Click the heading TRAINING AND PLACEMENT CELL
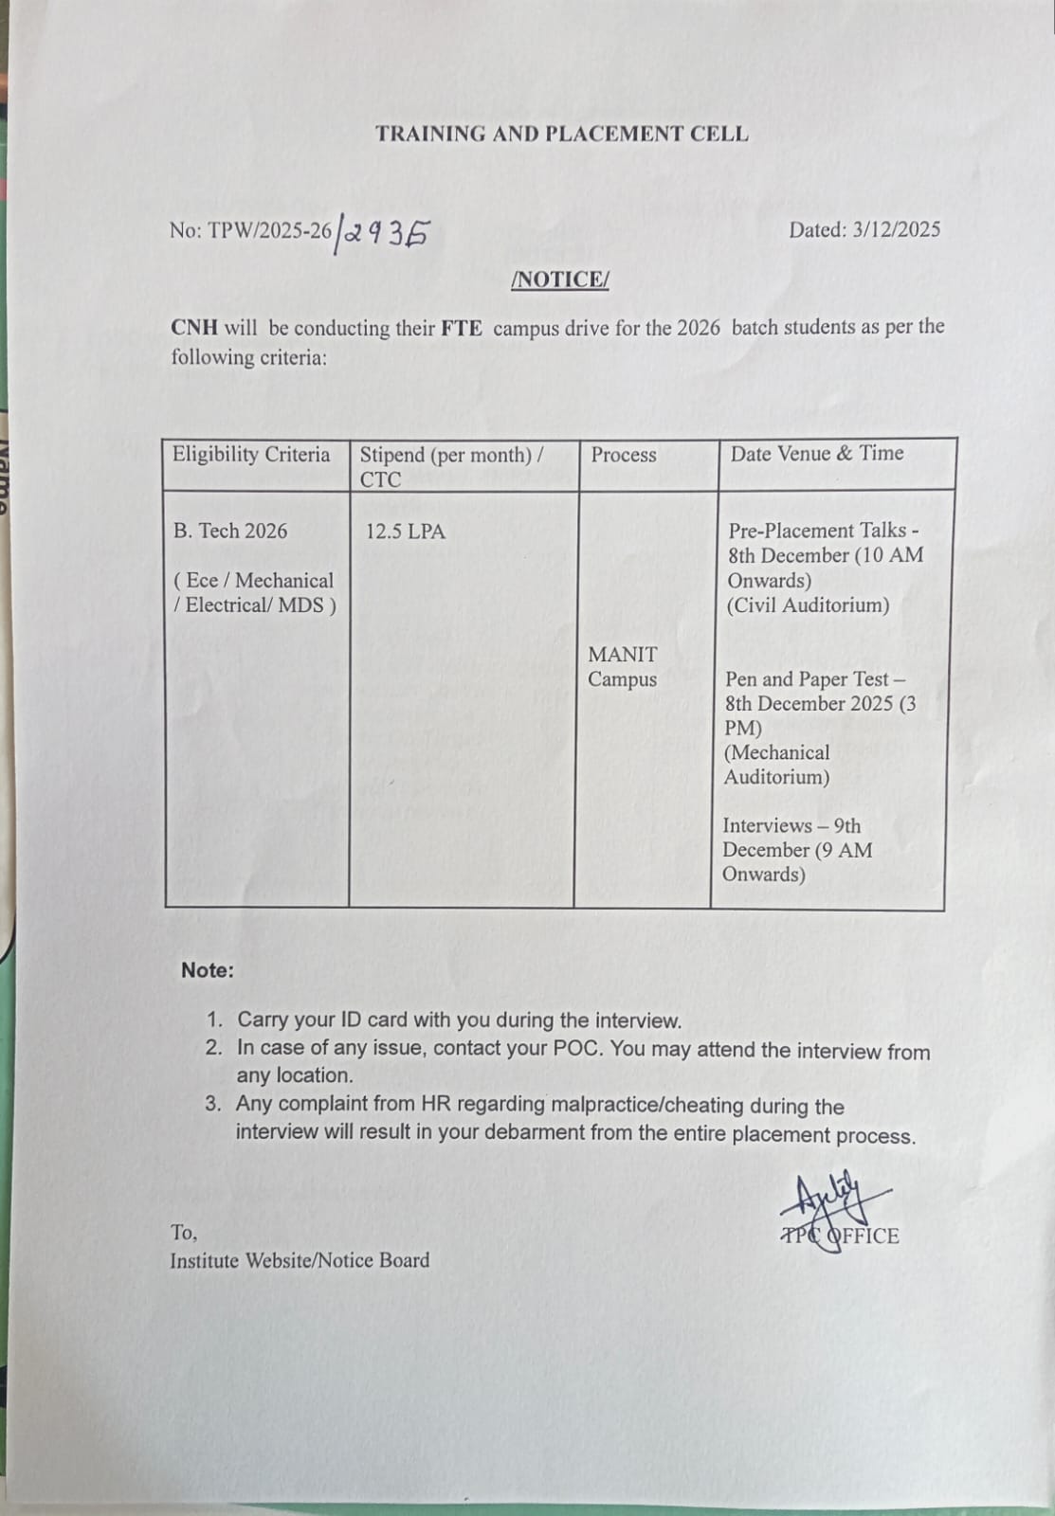[x=561, y=135]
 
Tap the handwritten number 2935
[x=387, y=233]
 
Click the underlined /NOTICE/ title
[x=560, y=280]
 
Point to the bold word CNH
[x=194, y=328]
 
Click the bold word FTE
[x=462, y=329]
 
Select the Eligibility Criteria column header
[x=251, y=455]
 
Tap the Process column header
[x=624, y=455]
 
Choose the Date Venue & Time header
[x=817, y=454]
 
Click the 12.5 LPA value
[x=406, y=532]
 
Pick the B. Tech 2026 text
[x=230, y=532]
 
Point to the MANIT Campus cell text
[x=622, y=667]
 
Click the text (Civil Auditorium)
[x=808, y=605]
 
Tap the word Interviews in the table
[x=767, y=826]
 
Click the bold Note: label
[x=208, y=970]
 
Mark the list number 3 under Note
[x=213, y=1104]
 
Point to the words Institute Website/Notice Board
[x=300, y=1260]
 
